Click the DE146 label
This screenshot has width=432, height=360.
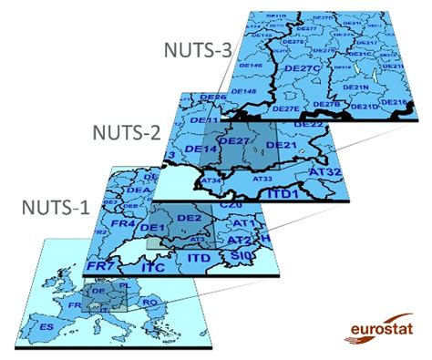[251, 66]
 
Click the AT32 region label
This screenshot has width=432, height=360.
[324, 170]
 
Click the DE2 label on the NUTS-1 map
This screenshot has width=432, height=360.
[189, 219]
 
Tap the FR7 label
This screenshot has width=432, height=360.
[99, 264]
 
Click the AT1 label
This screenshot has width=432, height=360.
[242, 223]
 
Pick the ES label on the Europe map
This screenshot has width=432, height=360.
[44, 324]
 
